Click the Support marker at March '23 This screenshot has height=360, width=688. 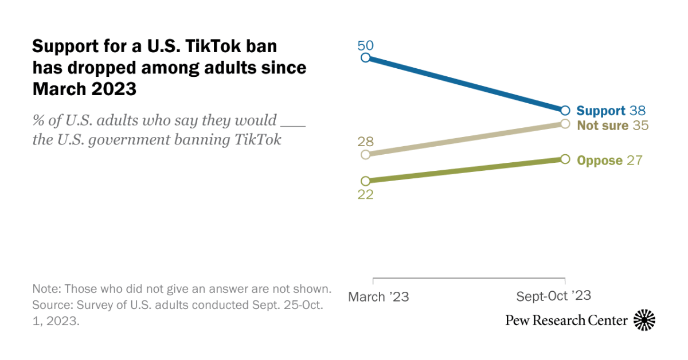[365, 57]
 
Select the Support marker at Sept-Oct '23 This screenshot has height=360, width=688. [565, 110]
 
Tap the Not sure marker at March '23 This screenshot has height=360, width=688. [365, 155]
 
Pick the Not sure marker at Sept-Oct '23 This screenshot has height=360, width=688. [565, 124]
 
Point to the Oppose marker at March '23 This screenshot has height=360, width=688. [365, 181]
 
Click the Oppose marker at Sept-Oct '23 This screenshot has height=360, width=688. [565, 159]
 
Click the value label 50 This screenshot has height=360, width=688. [365, 44]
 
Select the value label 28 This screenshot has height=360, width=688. [365, 141]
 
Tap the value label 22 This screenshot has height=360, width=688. [365, 195]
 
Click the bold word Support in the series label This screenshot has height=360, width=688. [601, 111]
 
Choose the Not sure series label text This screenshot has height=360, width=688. [603, 126]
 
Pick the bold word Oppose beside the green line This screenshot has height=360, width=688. [600, 161]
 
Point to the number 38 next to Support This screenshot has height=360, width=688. [637, 111]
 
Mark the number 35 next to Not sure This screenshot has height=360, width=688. [640, 126]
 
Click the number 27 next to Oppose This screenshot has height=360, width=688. [634, 161]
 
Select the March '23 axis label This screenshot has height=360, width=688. [379, 297]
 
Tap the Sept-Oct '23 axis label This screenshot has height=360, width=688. [553, 296]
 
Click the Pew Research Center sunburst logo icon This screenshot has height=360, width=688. [644, 320]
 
